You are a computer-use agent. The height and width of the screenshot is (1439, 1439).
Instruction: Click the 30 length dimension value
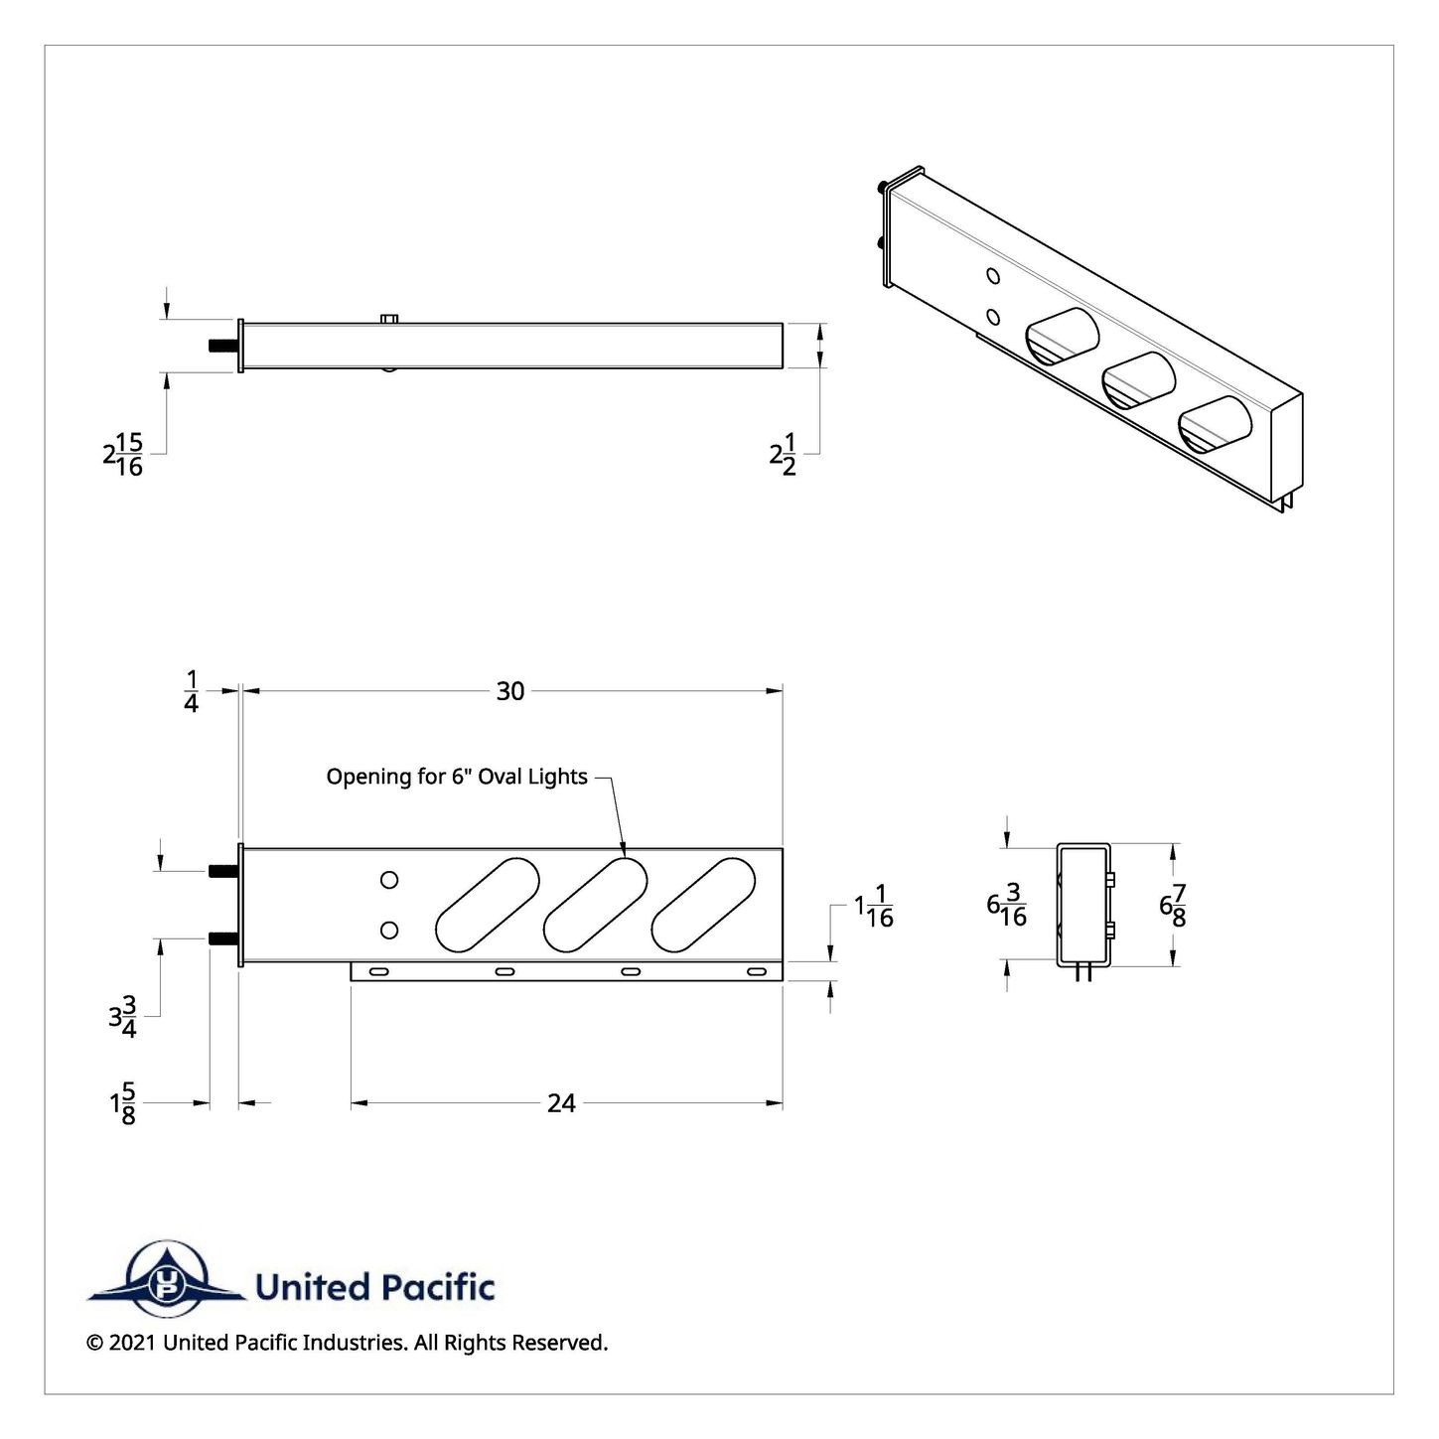click(510, 691)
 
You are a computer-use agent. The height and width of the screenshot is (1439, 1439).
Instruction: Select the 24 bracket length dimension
click(561, 1103)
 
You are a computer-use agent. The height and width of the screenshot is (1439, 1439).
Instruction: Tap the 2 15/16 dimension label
click(122, 454)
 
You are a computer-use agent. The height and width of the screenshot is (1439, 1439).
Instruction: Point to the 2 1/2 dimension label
click(784, 454)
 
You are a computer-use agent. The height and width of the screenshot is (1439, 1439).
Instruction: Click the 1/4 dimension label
click(191, 691)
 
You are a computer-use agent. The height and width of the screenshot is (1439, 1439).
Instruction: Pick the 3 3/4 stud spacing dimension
click(123, 1016)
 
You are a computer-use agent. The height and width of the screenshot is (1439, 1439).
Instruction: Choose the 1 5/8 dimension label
click(123, 1103)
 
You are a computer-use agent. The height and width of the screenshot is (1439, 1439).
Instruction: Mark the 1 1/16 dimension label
click(874, 907)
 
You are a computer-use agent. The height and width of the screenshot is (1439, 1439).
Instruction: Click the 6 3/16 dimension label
click(1007, 905)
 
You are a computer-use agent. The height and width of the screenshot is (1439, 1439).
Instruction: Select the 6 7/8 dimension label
click(1173, 905)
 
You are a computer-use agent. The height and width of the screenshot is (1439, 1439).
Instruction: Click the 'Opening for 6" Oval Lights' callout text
click(457, 777)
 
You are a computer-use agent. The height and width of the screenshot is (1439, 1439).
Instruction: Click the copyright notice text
click(348, 1364)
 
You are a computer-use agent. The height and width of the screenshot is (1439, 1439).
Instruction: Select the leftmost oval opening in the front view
click(487, 905)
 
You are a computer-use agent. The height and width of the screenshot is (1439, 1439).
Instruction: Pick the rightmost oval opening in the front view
click(703, 905)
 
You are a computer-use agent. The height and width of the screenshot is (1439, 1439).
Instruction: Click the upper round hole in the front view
click(389, 880)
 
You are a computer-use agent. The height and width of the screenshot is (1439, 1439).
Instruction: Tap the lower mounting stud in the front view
click(223, 937)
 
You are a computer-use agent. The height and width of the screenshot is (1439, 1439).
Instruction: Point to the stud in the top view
click(223, 346)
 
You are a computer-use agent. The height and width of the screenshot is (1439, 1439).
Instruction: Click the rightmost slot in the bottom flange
click(757, 971)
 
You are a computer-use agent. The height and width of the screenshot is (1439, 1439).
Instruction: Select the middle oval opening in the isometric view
click(1138, 379)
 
